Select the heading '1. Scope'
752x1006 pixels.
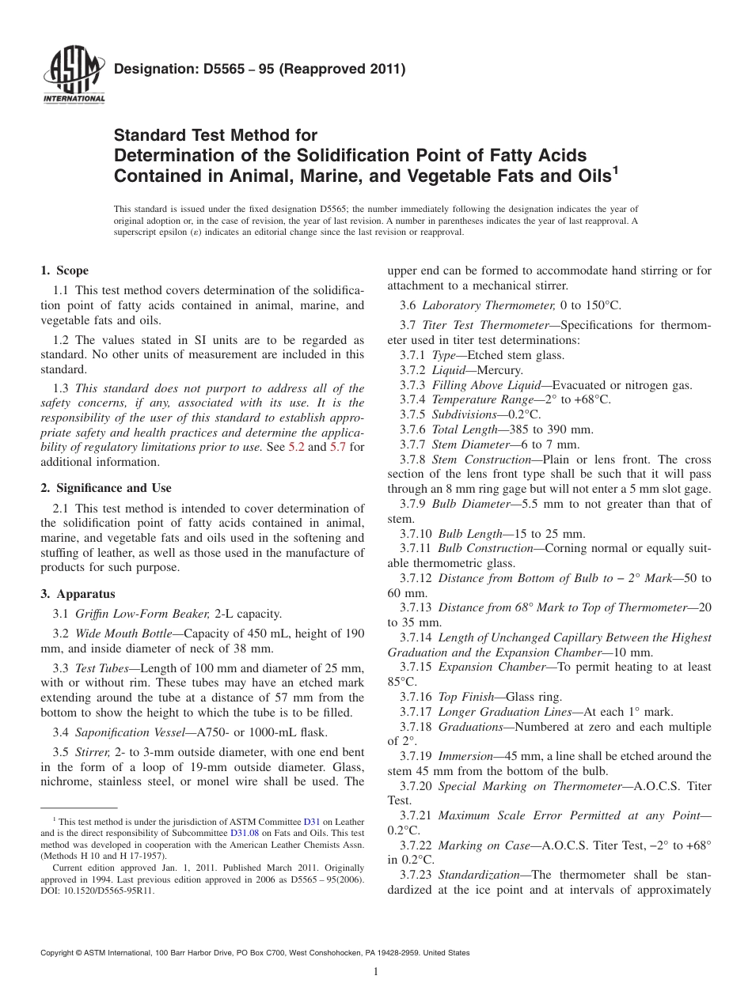point(64,270)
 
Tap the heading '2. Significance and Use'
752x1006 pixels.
point(105,488)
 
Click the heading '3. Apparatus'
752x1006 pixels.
point(78,594)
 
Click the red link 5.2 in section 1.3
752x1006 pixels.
point(295,447)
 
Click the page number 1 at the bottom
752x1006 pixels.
point(376,972)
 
